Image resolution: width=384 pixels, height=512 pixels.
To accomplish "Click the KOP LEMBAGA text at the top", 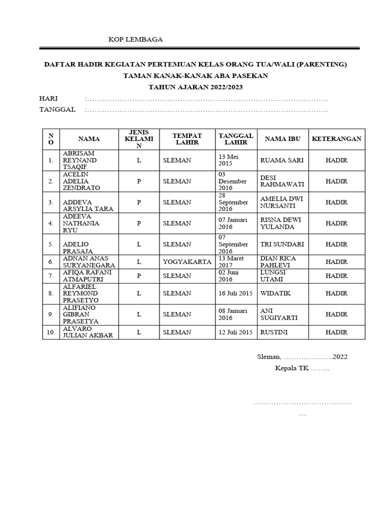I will (x=135, y=39).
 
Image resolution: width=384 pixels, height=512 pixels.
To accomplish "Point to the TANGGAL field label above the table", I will (x=57, y=109).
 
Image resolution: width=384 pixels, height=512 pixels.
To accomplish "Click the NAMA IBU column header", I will (x=282, y=138).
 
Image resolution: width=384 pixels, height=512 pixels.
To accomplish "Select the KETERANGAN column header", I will (x=336, y=138).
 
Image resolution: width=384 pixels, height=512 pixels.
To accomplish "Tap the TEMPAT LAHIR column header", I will (x=187, y=138).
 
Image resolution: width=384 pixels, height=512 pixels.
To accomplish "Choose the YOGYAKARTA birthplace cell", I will (x=187, y=261).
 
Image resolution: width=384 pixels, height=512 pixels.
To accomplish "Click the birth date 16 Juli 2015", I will (x=235, y=293).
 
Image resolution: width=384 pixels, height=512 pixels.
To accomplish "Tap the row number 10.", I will (x=50, y=332).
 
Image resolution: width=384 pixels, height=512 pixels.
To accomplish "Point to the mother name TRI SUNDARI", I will (x=281, y=244).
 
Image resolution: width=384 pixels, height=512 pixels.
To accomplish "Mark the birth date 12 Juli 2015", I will (x=235, y=332).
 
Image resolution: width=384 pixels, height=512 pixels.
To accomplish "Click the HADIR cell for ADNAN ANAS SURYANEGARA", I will (x=336, y=261).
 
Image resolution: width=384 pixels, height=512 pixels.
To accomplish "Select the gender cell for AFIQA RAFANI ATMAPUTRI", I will (x=139, y=275).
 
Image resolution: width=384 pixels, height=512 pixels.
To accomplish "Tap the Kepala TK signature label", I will (x=302, y=368).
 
